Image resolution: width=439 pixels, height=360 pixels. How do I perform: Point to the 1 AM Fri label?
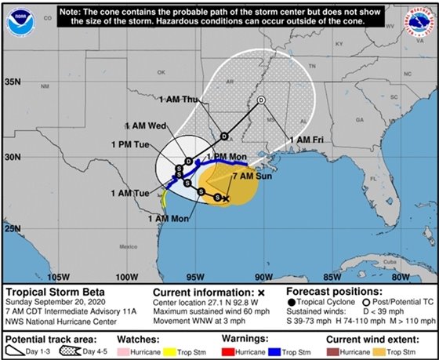(307, 140)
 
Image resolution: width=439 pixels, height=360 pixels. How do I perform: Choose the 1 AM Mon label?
(167, 218)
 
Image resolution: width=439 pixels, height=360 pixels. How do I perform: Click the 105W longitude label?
(59, 276)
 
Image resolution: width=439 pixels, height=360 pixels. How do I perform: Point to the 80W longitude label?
(401, 276)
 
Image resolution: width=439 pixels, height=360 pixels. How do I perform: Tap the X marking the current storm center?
(226, 199)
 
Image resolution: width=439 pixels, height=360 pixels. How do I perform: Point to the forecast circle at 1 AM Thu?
(262, 100)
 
